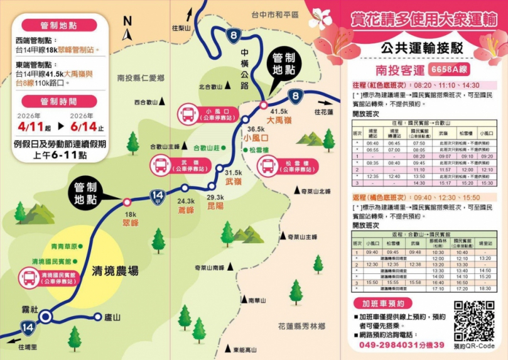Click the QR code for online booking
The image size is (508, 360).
pos(474,320)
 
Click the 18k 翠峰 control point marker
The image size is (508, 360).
pos(127,202)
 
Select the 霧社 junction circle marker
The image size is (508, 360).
pos(45,317)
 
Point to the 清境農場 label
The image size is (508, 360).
pos(115,271)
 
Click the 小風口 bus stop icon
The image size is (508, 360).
pos(188,114)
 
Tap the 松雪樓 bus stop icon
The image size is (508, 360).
pos(268,166)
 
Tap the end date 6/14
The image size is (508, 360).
pos(83,126)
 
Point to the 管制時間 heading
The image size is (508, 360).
pos(58,101)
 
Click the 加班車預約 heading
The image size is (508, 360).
pos(382,303)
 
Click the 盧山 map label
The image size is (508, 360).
pos(112,318)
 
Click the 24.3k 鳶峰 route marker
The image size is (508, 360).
pos(185,188)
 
